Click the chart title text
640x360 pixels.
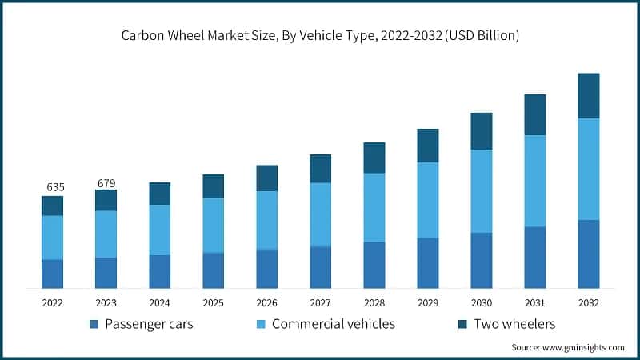pyautogui.click(x=320, y=35)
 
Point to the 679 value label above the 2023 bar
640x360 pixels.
pyautogui.click(x=106, y=183)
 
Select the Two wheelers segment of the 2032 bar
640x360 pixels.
pyautogui.click(x=589, y=96)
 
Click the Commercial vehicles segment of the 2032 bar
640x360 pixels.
pyautogui.click(x=589, y=169)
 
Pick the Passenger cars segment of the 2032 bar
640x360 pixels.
pyautogui.click(x=589, y=254)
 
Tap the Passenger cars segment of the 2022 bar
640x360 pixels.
pyautogui.click(x=53, y=274)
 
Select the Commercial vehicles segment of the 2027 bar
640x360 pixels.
pyautogui.click(x=321, y=214)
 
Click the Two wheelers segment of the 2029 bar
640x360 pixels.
pyautogui.click(x=428, y=146)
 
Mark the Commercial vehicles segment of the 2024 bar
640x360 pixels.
pyautogui.click(x=160, y=230)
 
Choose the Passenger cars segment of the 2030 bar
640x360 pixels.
pyautogui.click(x=482, y=260)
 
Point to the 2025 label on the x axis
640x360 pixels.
pyautogui.click(x=214, y=303)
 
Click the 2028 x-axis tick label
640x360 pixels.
pyautogui.click(x=374, y=303)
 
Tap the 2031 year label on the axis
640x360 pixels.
pyautogui.click(x=535, y=303)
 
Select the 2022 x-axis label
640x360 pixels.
pyautogui.click(x=53, y=303)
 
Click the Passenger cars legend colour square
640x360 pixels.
pyautogui.click(x=94, y=324)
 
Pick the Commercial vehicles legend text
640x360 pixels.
pyautogui.click(x=333, y=324)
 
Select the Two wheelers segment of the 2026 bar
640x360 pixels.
pyautogui.click(x=267, y=178)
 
